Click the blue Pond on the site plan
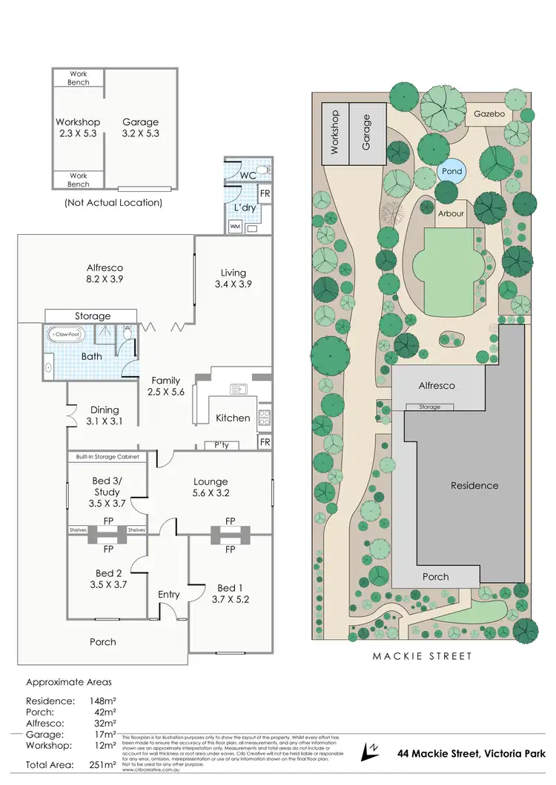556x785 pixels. coord(452,171)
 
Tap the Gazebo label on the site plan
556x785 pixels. coord(489,114)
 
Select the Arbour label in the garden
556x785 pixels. coord(451,213)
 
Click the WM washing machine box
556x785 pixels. coord(236,226)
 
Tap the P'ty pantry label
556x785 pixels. coord(222,446)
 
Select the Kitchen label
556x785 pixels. coord(233,418)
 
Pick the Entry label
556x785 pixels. coord(169,595)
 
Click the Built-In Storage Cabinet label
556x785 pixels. coord(107,458)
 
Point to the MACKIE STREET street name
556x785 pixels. coord(421,656)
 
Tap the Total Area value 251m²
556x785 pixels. coord(102,764)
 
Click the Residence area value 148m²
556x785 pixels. coord(102,701)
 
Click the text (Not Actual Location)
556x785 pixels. coord(113,202)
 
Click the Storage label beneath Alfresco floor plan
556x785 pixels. coord(93,316)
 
